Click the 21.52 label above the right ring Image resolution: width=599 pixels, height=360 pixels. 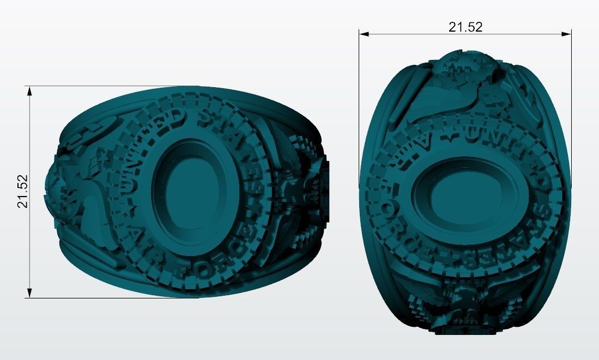pos(465,27)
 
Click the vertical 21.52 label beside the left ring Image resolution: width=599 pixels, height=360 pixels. pos(22,191)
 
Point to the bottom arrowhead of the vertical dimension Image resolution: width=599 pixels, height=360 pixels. pos(29,293)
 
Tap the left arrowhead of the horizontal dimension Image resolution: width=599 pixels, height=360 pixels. pos(364,34)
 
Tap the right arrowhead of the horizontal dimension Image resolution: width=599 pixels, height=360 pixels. pos(566,34)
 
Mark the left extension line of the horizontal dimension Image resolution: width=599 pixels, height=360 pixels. pos(359,109)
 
